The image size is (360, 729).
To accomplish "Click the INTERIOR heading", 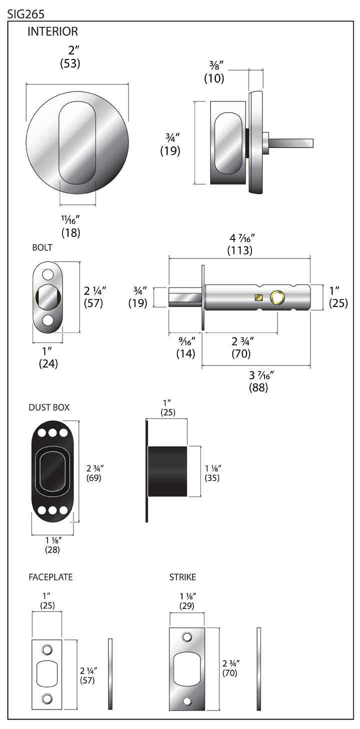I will tap(52, 32).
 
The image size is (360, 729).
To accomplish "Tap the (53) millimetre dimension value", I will tap(70, 63).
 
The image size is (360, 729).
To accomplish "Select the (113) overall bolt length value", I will tap(239, 250).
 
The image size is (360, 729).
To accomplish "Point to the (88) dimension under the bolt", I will tap(258, 387).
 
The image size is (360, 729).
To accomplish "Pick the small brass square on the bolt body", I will tap(258, 298).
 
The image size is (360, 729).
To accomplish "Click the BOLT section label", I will tap(42, 247).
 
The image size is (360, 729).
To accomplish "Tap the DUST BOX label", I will tap(49, 407).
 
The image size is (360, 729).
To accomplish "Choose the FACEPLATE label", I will tap(50, 577).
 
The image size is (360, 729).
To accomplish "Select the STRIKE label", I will tap(182, 577).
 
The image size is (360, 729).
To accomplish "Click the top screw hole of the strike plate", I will tap(187, 637).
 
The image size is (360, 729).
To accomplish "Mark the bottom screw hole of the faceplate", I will tap(47, 698).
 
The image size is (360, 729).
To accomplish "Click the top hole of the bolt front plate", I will tap(48, 274).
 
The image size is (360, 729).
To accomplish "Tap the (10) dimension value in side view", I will tap(214, 78).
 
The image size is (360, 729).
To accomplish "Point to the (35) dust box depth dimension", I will tap(212, 477).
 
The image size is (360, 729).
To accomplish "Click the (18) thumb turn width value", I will tap(70, 232).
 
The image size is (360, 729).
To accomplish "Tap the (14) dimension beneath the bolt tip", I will tap(185, 353).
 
